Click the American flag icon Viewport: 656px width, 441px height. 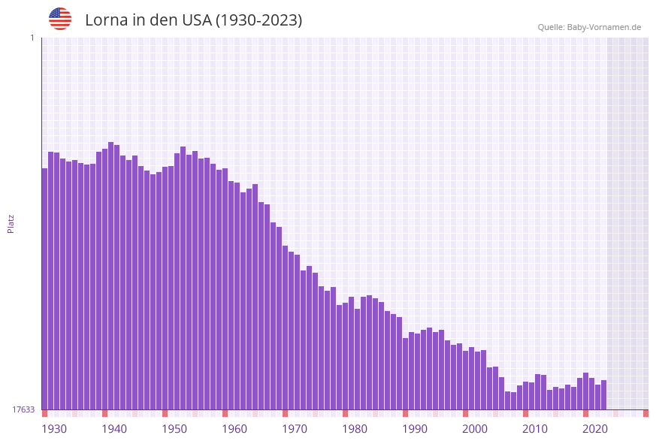60,19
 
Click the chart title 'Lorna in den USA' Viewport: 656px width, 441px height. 193,20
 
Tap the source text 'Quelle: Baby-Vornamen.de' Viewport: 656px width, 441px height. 589,27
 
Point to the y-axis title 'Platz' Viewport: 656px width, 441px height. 11,223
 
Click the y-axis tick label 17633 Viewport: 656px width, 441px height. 23,409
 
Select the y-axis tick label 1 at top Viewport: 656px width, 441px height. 32,38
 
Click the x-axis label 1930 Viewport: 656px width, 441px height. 54,428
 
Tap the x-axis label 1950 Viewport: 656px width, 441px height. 174,428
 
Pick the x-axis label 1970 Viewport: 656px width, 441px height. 295,428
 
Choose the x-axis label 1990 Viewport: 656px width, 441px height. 415,428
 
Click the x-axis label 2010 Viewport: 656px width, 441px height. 535,428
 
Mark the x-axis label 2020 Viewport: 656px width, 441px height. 595,428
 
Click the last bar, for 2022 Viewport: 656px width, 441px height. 603,395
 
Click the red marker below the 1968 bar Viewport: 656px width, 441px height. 286,413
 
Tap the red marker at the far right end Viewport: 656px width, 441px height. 645,413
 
